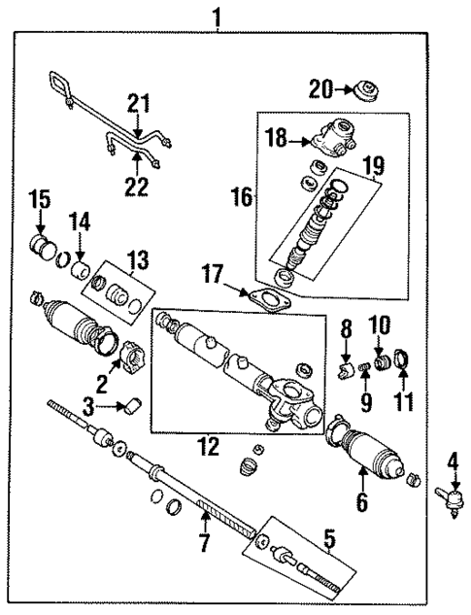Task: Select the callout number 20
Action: coord(320,89)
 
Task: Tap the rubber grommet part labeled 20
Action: coord(366,93)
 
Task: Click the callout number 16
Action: coord(242,199)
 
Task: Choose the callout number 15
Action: coord(38,201)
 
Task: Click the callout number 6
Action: coord(363,502)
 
